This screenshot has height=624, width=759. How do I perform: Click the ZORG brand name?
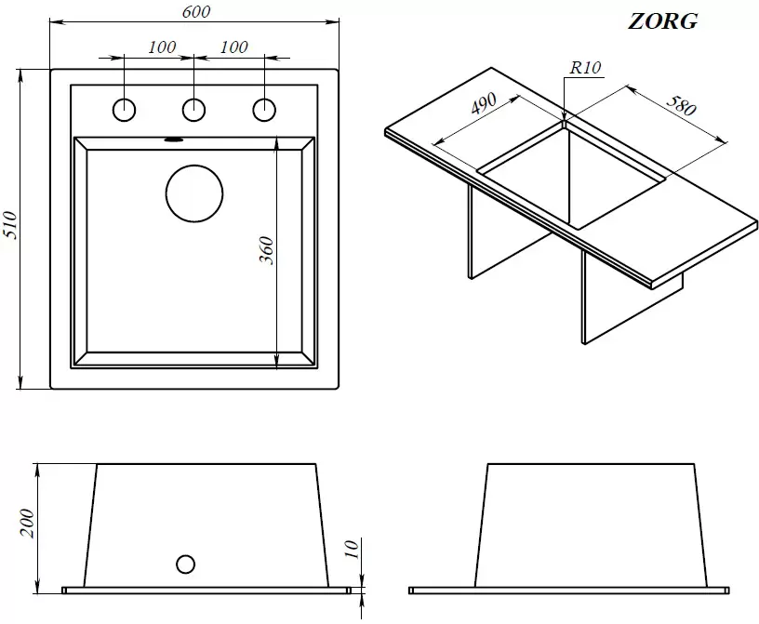click(x=662, y=21)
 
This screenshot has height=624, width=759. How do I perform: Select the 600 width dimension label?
click(x=196, y=11)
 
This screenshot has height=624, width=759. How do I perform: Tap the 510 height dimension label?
click(x=10, y=225)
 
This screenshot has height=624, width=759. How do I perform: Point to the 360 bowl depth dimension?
click(x=266, y=250)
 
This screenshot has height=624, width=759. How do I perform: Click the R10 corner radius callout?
click(x=585, y=67)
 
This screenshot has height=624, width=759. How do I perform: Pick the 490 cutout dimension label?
click(x=483, y=103)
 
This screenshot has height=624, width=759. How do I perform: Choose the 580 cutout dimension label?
click(x=681, y=105)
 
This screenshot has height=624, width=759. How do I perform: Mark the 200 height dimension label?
click(x=27, y=523)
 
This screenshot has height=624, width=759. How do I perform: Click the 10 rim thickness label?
click(x=352, y=549)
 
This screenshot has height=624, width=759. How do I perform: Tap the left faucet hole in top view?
click(x=124, y=110)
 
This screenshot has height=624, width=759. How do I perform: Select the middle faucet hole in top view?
click(x=193, y=110)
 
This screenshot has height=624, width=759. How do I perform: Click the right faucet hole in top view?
click(x=264, y=110)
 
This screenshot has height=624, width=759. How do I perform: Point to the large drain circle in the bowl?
click(x=194, y=193)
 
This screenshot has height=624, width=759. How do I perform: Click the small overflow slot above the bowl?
click(x=173, y=139)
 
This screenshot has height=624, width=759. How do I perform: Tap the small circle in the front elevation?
click(x=186, y=564)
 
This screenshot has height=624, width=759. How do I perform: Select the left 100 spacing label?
click(x=162, y=47)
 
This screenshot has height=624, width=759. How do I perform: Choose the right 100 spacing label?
click(x=233, y=47)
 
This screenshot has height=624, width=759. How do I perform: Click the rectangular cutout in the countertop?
click(x=571, y=174)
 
